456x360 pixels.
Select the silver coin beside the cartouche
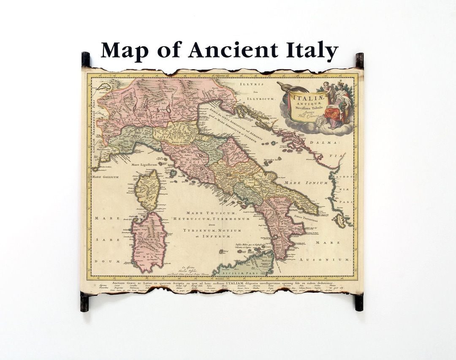[x=322, y=121]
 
